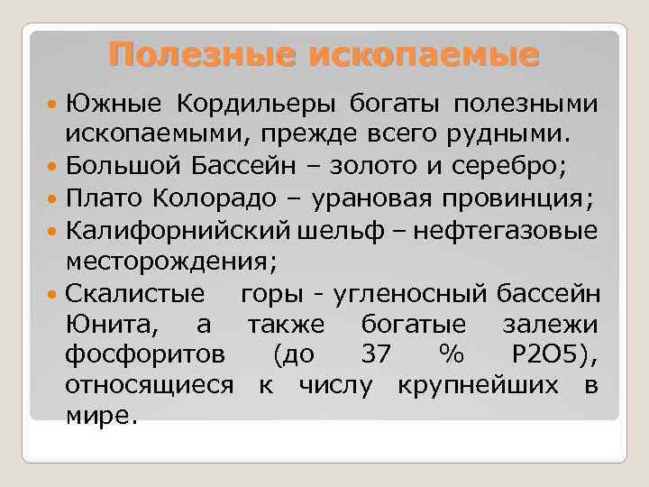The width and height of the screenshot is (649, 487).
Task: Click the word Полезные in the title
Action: [x=204, y=54]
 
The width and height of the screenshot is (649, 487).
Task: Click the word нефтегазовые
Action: [x=509, y=231]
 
